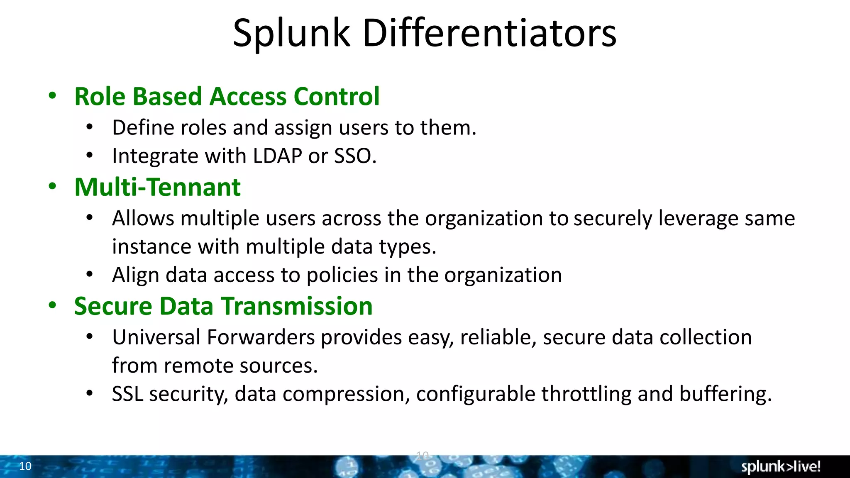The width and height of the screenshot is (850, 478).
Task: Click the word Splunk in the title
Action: coord(291,33)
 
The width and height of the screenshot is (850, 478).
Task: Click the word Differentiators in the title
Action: coord(490,33)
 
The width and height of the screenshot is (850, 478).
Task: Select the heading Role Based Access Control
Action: coord(227,96)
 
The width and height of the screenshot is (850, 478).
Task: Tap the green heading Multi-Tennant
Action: coord(157,187)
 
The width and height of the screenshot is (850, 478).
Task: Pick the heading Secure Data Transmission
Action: coord(223,306)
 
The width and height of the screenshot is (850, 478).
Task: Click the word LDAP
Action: coord(277,156)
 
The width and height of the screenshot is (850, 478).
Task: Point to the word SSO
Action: coord(355,156)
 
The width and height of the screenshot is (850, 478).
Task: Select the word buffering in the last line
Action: coord(725,394)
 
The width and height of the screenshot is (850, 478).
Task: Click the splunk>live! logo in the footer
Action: coord(781,466)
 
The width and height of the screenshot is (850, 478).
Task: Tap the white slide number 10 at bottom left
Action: coord(25,466)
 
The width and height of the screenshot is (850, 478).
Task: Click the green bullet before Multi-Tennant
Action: coord(52,187)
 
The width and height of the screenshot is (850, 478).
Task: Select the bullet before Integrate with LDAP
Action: coord(90,156)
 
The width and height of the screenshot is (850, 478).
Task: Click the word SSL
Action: coord(127,394)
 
